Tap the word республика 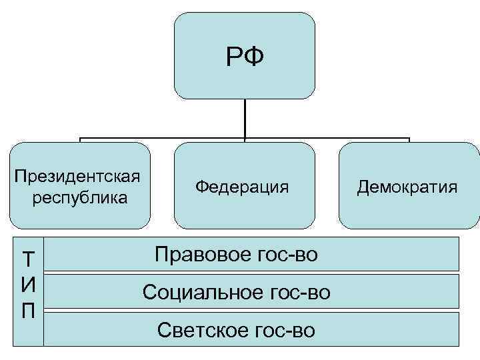point(80,198)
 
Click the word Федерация point(243,187)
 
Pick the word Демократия point(407,187)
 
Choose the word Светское point(197,330)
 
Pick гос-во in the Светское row point(282,330)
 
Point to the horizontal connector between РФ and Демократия point(327,139)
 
